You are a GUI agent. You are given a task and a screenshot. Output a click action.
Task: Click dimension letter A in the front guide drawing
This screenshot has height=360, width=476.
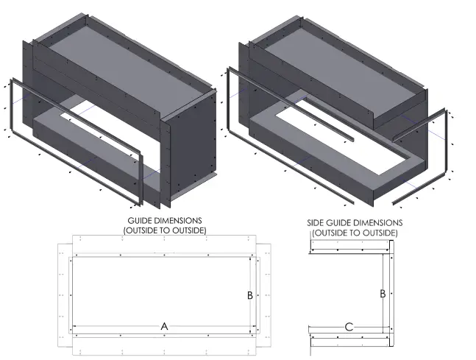164,325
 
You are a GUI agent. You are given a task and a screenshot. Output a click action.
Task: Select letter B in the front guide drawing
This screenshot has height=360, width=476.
250,295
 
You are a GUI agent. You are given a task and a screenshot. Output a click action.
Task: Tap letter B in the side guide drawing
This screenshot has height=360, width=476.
383,293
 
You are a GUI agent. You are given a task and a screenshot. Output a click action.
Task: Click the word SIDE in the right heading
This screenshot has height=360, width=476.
317,222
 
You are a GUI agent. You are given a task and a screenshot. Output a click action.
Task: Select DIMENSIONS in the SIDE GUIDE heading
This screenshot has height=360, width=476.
376,222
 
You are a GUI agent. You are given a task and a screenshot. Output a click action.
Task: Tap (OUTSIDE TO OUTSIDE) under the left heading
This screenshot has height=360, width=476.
165,230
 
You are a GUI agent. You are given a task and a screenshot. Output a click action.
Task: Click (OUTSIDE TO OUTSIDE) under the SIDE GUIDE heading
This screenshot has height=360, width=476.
355,233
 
